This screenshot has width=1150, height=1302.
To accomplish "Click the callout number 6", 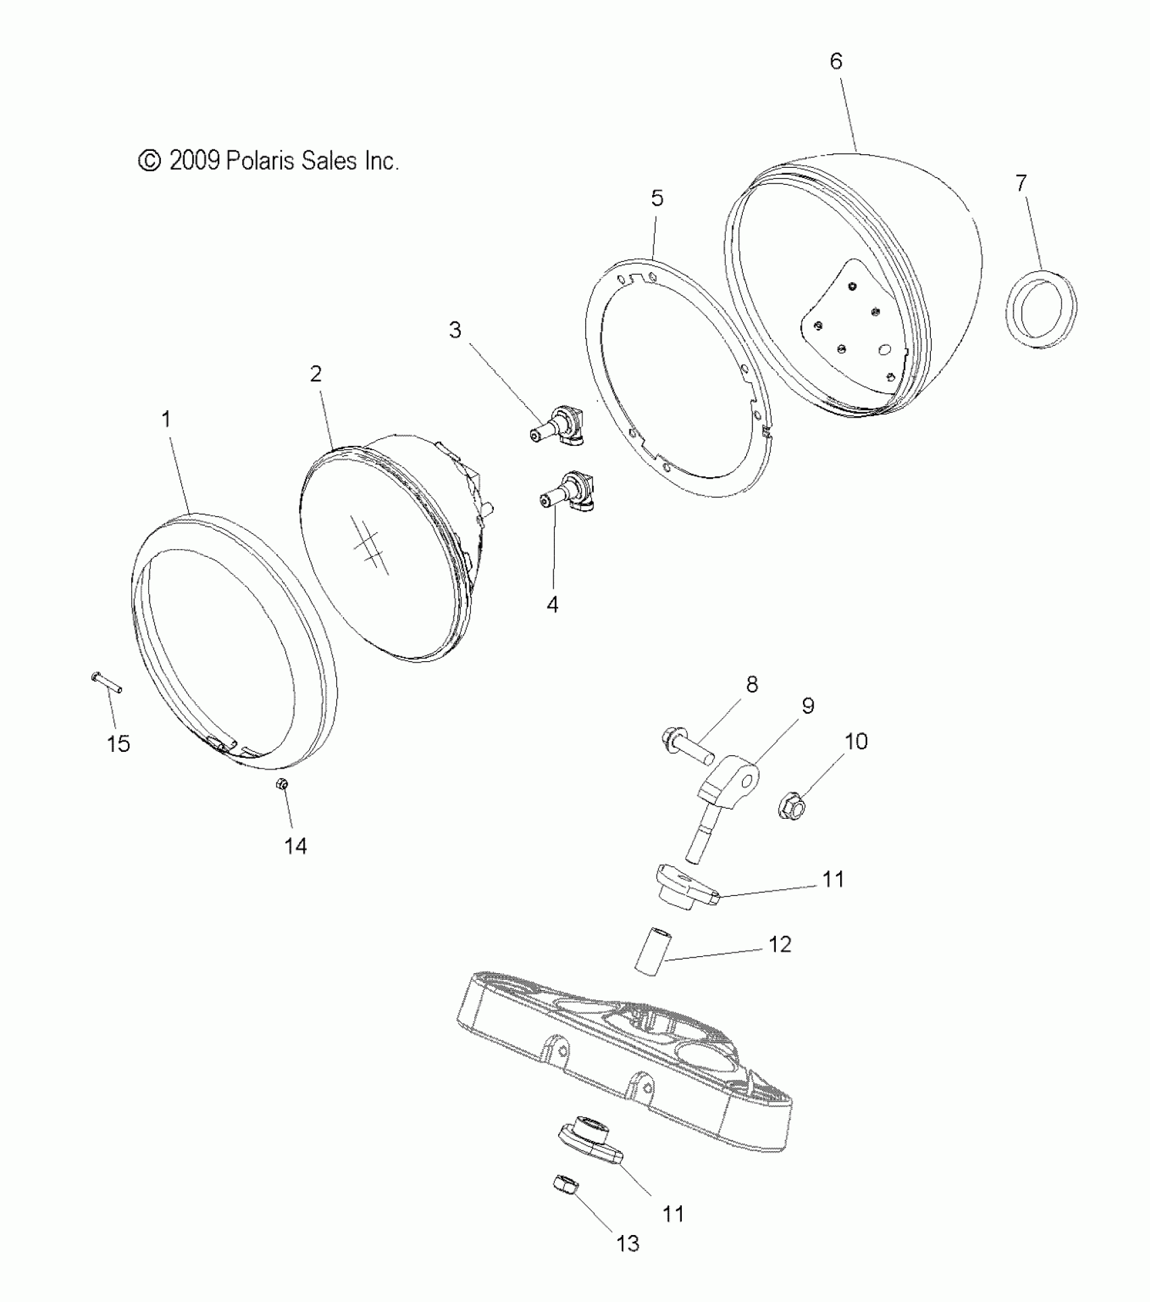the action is click(836, 62).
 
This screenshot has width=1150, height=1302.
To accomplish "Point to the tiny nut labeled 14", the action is click(283, 784).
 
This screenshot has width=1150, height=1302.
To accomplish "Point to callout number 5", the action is click(657, 199).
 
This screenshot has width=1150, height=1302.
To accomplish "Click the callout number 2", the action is click(316, 374).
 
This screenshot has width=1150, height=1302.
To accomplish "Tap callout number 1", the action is click(166, 420).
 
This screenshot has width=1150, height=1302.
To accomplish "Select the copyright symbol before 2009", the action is click(149, 161).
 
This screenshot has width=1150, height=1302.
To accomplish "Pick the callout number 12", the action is click(780, 945).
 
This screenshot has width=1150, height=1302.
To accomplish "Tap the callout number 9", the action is click(808, 706).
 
